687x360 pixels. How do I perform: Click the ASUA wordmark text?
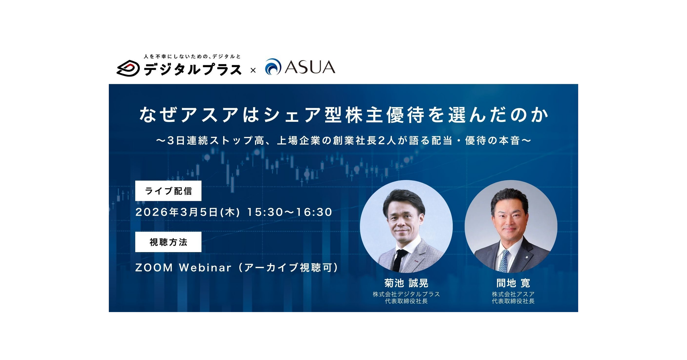coord(310,67)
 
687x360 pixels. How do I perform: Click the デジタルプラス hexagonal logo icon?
coord(128,68)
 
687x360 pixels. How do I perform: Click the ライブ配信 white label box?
coord(168,191)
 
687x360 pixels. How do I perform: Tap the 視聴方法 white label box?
coord(168,242)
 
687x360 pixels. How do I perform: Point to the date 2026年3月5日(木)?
coord(188,212)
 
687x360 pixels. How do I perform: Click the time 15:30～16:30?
coord(290,212)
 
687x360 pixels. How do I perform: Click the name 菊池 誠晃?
coord(406,283)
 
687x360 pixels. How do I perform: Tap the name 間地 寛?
coord(513,283)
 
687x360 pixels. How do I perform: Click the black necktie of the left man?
coord(399,260)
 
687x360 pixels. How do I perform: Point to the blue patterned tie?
coord(504,260)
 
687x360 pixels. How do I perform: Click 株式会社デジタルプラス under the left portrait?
coord(406,294)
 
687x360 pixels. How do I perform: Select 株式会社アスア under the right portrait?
coord(513,294)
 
